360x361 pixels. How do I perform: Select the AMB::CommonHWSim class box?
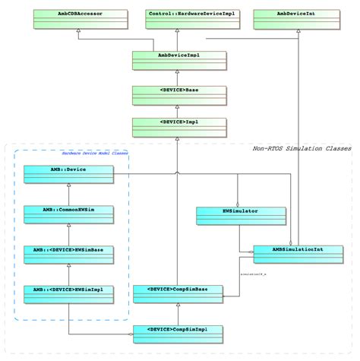(x=68, y=213)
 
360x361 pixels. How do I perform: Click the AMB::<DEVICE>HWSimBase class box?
(x=68, y=254)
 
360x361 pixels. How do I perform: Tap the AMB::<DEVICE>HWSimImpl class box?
(x=68, y=294)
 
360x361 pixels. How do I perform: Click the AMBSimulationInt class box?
(x=297, y=253)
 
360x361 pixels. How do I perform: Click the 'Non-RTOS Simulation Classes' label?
(x=301, y=149)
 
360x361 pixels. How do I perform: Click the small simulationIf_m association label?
(x=254, y=272)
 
